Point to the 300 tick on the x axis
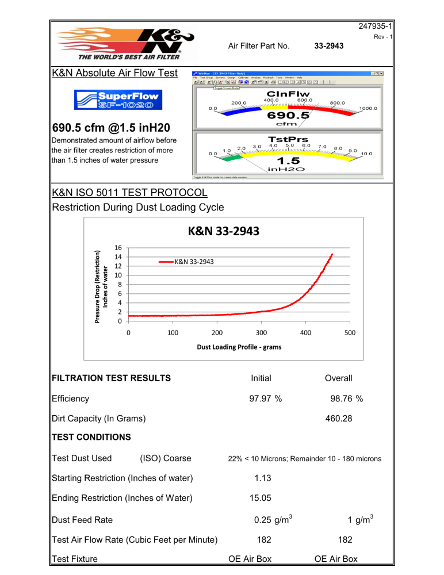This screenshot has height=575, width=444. tap(262, 333)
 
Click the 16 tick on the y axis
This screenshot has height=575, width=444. tap(118, 248)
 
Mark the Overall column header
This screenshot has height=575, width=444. tap(339, 378)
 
